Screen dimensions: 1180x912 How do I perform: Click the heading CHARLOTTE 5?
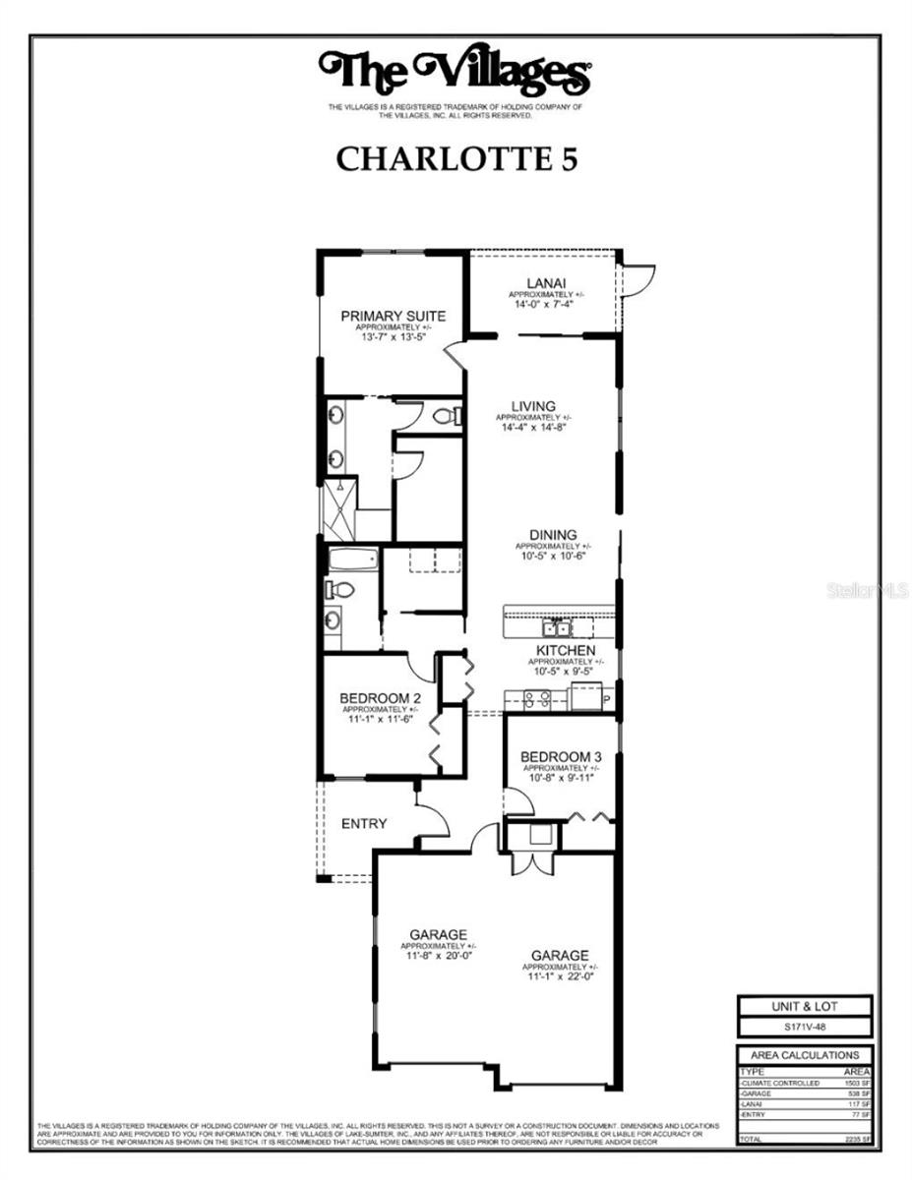tap(455, 159)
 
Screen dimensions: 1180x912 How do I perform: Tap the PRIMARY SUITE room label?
tap(393, 316)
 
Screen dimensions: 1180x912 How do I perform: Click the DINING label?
tap(552, 535)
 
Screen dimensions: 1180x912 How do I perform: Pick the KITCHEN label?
tap(565, 651)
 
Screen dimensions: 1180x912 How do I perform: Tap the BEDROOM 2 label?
tap(379, 697)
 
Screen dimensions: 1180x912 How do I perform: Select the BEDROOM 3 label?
tap(562, 756)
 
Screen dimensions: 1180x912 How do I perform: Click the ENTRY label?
tap(364, 823)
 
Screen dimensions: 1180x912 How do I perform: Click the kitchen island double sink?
tap(556, 626)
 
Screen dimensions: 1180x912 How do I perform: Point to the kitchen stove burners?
tap(537, 699)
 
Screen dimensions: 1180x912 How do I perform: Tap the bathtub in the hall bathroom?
tap(352, 561)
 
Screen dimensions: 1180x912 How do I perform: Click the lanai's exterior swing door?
tap(638, 279)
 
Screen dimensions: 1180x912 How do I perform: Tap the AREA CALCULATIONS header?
tap(804, 1055)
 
